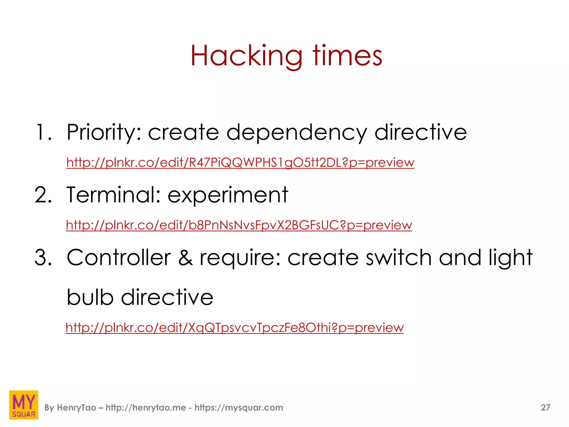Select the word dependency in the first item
click(x=296, y=133)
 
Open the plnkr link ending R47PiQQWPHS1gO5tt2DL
click(x=240, y=163)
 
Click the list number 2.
click(x=43, y=195)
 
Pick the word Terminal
click(x=113, y=195)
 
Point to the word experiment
click(x=228, y=195)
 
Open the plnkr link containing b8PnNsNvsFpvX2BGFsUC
click(x=239, y=225)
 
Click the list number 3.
click(x=43, y=258)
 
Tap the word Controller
click(x=119, y=258)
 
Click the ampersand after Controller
click(x=185, y=258)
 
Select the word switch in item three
click(x=398, y=258)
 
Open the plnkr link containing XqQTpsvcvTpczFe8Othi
click(x=234, y=328)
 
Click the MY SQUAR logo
click(x=24, y=405)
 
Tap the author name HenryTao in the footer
click(x=76, y=408)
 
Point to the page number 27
click(x=545, y=408)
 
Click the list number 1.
click(x=43, y=132)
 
